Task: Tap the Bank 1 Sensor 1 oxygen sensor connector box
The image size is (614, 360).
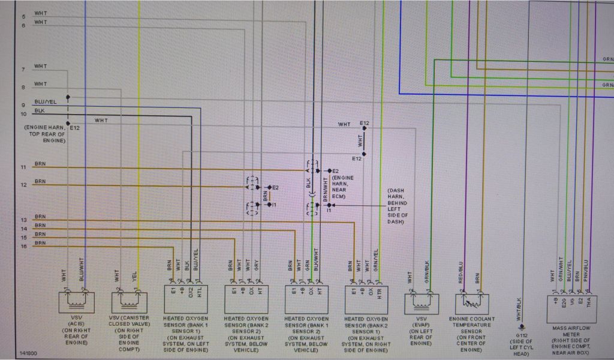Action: (185, 298)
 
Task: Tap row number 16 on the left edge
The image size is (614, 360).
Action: (23, 247)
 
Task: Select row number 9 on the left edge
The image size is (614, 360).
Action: (23, 106)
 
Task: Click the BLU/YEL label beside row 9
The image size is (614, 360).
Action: (45, 103)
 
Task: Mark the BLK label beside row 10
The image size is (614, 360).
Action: (40, 111)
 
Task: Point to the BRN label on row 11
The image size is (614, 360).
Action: (40, 163)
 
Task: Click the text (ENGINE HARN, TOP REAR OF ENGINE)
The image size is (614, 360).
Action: (46, 134)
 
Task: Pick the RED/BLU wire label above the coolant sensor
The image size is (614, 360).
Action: (461, 271)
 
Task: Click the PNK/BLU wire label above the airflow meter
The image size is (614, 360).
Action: (586, 269)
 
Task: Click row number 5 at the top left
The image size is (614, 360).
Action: (23, 17)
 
